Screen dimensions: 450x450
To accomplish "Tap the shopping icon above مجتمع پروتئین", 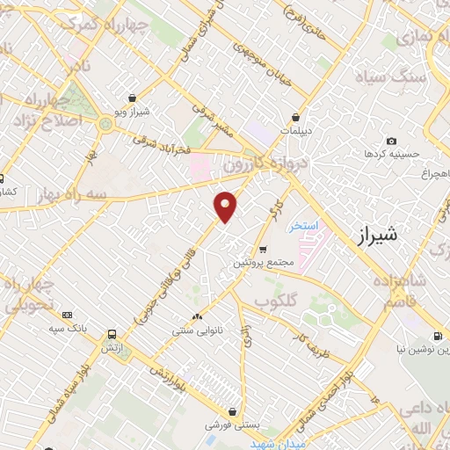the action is [x=262, y=249].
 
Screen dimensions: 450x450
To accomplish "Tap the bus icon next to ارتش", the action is [x=111, y=334].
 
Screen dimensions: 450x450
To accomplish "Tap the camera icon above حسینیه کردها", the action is [x=391, y=141].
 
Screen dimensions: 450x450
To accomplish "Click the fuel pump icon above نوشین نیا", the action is [x=438, y=336].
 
